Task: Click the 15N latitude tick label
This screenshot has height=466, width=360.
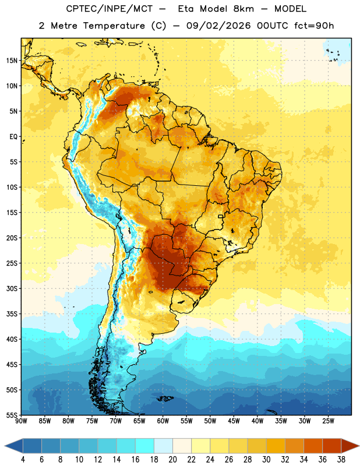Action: pyautogui.click(x=12, y=61)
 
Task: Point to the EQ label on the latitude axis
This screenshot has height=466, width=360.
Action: pyautogui.click(x=13, y=137)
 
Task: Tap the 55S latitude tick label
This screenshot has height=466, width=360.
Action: pyautogui.click(x=12, y=415)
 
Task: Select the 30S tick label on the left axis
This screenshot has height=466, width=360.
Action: pyautogui.click(x=12, y=288)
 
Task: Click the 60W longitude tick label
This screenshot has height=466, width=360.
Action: pyautogui.click(x=163, y=421)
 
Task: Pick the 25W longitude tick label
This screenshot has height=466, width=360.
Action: pyautogui.click(x=328, y=421)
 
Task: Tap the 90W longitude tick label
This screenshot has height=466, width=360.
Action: pyautogui.click(x=22, y=421)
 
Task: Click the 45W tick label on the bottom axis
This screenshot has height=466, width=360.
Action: pyautogui.click(x=234, y=421)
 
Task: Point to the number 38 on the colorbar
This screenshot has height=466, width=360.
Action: pyautogui.click(x=341, y=460)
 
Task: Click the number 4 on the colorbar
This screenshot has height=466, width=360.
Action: pyautogui.click(x=23, y=460)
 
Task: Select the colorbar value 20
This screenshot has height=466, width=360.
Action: pyautogui.click(x=172, y=460)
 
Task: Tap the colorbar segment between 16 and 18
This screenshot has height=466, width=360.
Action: pyautogui.click(x=145, y=446)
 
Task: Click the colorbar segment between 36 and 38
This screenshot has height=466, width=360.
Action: pyautogui.click(x=332, y=446)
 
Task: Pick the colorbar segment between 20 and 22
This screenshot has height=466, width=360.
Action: pyautogui.click(x=182, y=446)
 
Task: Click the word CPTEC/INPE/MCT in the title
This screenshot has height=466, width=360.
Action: pyautogui.click(x=110, y=9)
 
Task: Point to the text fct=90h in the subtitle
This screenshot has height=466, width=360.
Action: pyautogui.click(x=314, y=26)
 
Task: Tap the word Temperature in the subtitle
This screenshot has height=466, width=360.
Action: pyautogui.click(x=114, y=26)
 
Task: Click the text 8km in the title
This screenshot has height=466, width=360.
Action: pyautogui.click(x=243, y=9)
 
